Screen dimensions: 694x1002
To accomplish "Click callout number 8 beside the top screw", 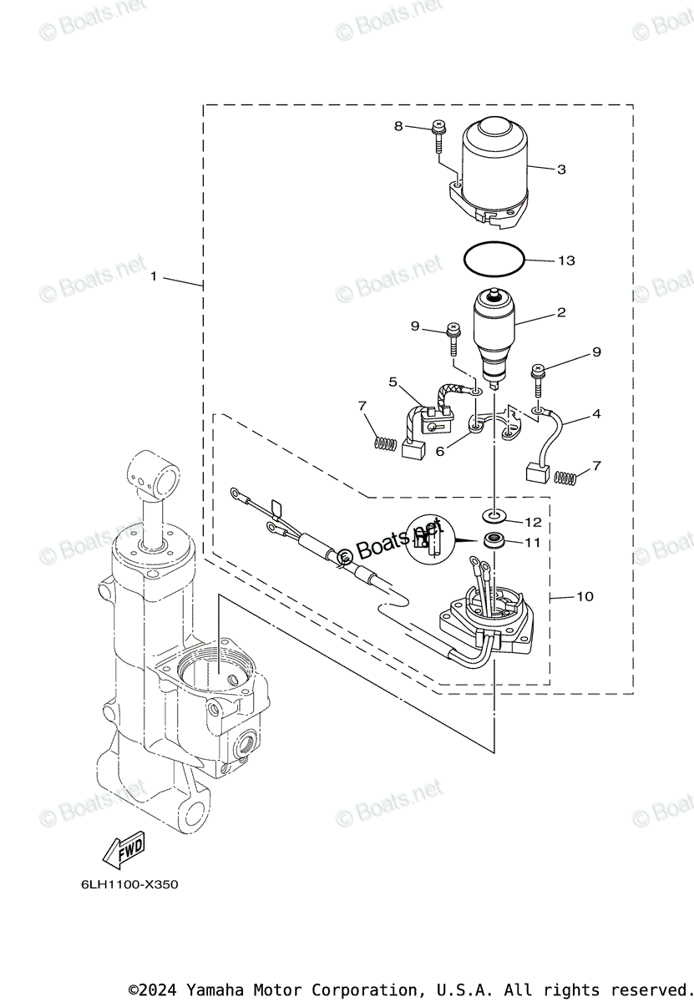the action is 398,126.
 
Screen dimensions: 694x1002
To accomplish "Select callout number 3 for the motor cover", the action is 561,170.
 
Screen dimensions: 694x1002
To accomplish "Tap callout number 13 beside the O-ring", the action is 566,261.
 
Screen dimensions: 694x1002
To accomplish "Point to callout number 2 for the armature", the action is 561,313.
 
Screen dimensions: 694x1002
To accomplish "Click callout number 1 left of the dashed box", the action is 154,276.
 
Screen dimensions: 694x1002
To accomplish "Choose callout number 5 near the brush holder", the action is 393,382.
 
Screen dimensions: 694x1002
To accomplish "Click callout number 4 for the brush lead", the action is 596,413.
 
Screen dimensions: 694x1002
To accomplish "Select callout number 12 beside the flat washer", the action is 533,522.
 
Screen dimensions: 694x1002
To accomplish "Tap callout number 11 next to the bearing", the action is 533,543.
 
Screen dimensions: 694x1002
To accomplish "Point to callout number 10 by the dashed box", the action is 585,596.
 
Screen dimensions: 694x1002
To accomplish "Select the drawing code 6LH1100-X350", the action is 118,884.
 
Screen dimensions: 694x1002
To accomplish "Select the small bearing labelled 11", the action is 495,539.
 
